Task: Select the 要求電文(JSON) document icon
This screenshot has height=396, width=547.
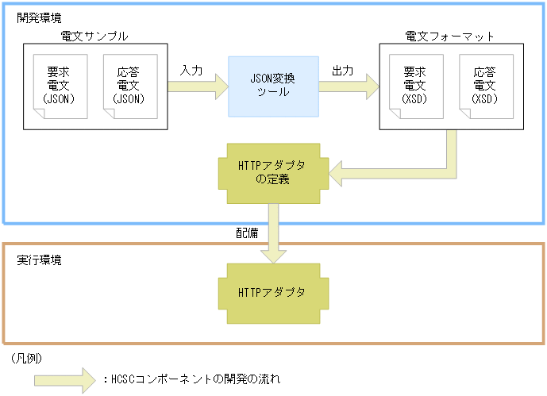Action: (60, 86)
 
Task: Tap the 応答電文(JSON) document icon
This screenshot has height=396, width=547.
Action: (129, 86)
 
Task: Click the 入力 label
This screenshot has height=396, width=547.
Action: (191, 71)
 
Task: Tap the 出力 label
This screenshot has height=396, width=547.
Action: (342, 71)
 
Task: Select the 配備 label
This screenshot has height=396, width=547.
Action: (246, 233)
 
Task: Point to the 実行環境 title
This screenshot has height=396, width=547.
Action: (39, 260)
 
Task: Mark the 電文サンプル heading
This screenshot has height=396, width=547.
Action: (94, 37)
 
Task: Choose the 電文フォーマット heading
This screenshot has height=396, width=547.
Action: (449, 37)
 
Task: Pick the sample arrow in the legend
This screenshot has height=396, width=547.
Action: (64, 379)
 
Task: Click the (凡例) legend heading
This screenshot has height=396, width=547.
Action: (27, 358)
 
